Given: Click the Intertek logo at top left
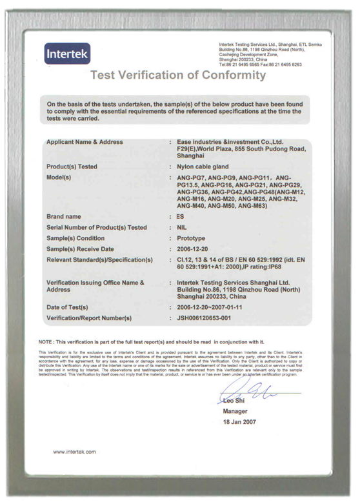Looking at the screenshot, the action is [67, 53].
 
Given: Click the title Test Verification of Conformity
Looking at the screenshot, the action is [178, 75].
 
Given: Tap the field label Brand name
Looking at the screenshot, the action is [64, 217].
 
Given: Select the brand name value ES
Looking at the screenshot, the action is [180, 217].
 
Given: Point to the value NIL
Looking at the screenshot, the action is [181, 228].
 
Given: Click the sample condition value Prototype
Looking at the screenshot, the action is [191, 238].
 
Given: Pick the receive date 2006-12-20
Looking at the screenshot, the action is [194, 249].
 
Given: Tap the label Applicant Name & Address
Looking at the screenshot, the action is [85, 142].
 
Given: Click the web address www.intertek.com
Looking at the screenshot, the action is [74, 452].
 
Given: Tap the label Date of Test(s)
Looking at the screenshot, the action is [68, 307].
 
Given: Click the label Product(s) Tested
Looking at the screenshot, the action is [72, 166].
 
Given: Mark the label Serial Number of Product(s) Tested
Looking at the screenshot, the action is [97, 228].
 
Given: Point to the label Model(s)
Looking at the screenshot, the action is [59, 177].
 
